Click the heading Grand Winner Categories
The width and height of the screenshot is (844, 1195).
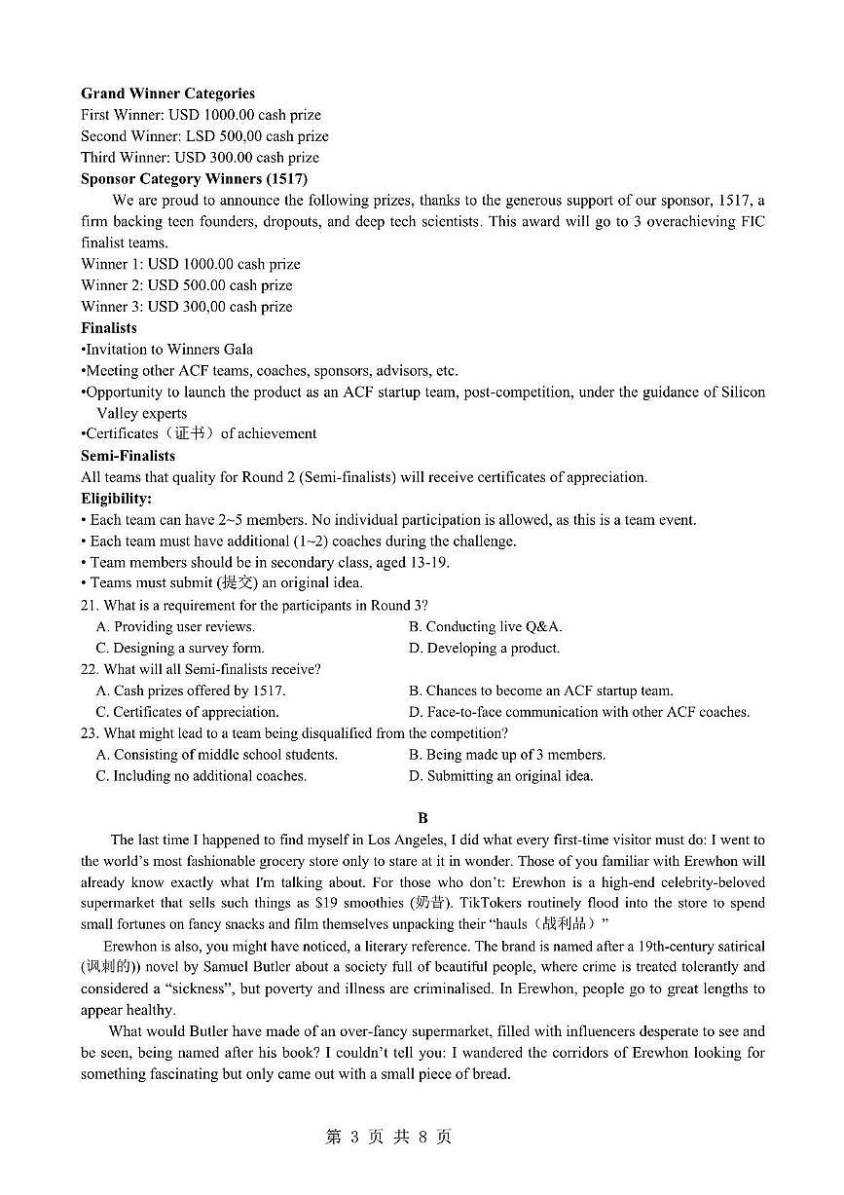coord(167,93)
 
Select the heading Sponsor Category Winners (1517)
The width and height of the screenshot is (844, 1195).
coord(194,178)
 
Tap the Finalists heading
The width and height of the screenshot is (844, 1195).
coord(109,328)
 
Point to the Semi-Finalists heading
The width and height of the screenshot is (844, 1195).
coord(128,456)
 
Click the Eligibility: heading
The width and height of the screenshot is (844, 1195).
coord(117,499)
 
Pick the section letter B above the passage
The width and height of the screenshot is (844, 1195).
coord(422,818)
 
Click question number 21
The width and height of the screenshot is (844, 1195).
coord(90,606)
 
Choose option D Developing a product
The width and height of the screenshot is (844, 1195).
coord(484,648)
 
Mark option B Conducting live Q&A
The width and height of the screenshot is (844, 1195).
coord(485,627)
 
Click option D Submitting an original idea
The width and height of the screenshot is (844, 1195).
coord(500,776)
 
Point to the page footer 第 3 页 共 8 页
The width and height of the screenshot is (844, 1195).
coord(388,1138)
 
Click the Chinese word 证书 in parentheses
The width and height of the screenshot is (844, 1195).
coord(190,434)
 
